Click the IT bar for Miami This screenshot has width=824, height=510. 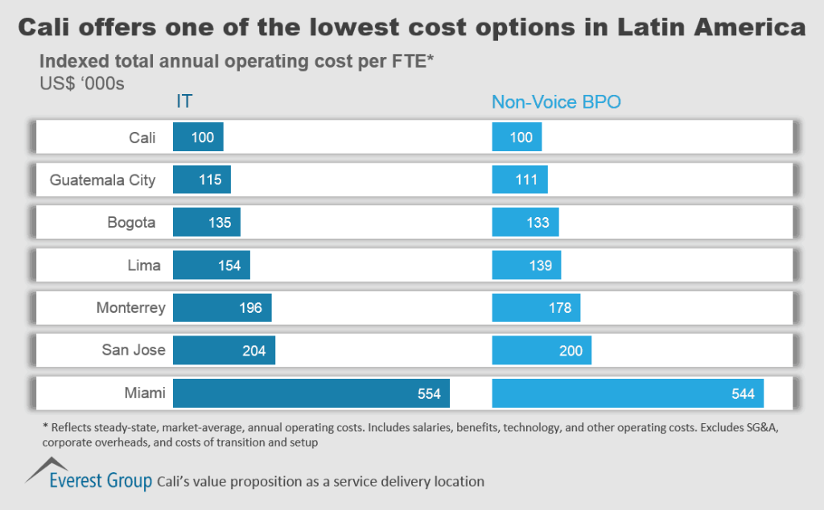tap(311, 393)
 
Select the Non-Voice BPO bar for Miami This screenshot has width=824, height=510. tap(628, 393)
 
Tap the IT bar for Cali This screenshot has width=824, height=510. tap(198, 138)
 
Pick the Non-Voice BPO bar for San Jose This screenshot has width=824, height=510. tap(542, 351)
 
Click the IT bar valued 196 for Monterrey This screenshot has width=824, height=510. tap(222, 308)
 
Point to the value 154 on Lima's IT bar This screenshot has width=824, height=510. tap(229, 265)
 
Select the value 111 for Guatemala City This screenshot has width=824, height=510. tap(526, 180)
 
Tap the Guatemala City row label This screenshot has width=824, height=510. tap(102, 180)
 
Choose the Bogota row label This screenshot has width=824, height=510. tap(131, 223)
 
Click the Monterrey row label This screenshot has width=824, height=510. tap(130, 308)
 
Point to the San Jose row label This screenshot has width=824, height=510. tap(134, 350)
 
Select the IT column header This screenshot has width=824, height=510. tap(184, 102)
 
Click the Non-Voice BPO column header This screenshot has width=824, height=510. tap(557, 102)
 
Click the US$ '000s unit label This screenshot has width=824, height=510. tap(81, 81)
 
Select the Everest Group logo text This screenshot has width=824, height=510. tap(100, 482)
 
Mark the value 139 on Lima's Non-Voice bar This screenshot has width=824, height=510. tap(540, 265)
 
